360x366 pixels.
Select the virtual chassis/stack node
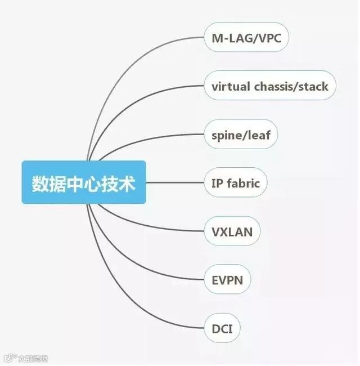pos(269,86)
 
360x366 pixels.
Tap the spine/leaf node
pos(241,135)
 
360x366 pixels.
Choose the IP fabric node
pos(235,183)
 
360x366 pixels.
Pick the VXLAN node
pos(232,231)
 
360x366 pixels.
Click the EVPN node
pos(227,279)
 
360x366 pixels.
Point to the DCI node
pos(222,328)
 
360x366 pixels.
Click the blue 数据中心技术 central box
pos(84,182)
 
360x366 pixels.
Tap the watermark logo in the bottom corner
pos(25,358)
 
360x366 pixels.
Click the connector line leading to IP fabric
pos(174,182)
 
